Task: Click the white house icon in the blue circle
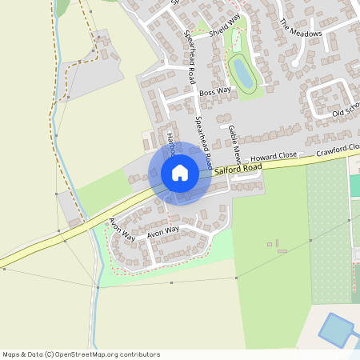(x=180, y=173)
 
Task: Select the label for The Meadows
(x=301, y=29)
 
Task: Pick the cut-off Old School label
(x=346, y=111)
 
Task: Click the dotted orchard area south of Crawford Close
(x=328, y=232)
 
